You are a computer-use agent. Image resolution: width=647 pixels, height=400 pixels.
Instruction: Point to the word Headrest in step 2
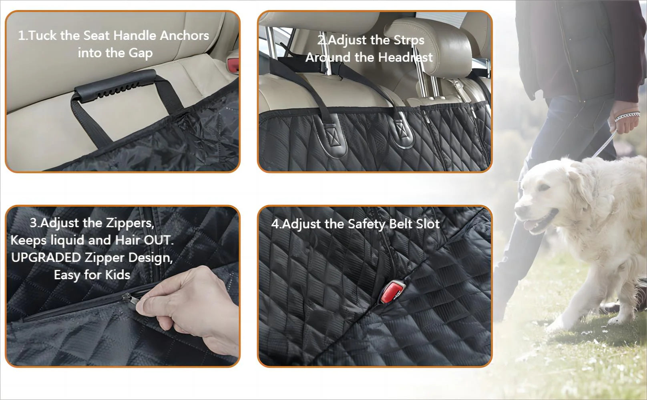pyautogui.click(x=405, y=58)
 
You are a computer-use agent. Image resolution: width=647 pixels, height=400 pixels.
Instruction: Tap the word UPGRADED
pyautogui.click(x=46, y=258)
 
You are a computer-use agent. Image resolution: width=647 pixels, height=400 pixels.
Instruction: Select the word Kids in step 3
pyautogui.click(x=117, y=275)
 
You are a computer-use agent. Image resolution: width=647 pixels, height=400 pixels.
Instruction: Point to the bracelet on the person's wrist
pyautogui.click(x=627, y=116)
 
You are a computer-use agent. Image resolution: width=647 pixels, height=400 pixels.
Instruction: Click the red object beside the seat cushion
pyautogui.click(x=233, y=65)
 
